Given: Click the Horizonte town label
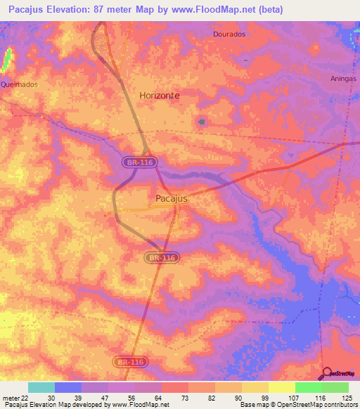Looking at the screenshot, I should pos(159,95).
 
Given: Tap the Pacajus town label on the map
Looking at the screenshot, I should pos(171,199).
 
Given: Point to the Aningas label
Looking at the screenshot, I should pos(344,79).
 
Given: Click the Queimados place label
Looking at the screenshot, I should pos(19,83).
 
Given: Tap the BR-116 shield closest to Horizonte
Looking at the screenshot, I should pos(140,162).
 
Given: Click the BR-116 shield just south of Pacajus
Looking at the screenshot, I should pos(162,259).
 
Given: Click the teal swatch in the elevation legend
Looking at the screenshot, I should pos(41,387).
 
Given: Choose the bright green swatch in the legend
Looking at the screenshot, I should pos(308,387).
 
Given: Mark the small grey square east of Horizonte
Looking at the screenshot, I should pos(202,122).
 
